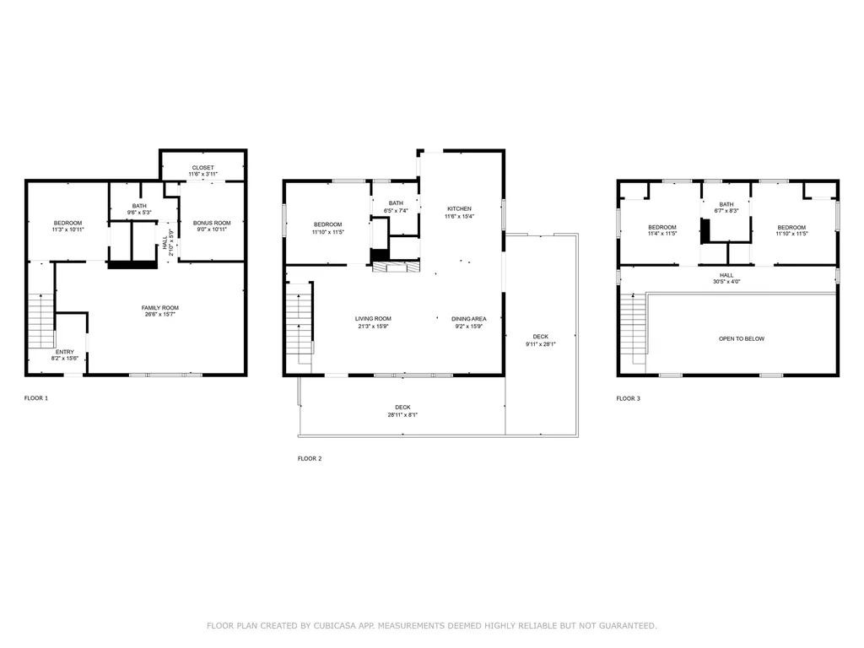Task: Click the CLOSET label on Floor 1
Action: coord(202,168)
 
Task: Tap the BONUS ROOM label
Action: coord(212,223)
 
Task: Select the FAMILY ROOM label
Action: coord(159,308)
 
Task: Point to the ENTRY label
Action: coord(64,352)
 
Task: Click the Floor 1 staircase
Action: coord(41,321)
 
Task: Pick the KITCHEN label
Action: coord(459,209)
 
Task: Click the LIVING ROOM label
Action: coord(373,318)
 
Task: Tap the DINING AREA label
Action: coord(469,318)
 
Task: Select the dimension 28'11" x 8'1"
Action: coord(402,415)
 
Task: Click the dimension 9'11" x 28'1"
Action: coord(541,344)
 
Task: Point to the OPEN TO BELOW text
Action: coord(742,339)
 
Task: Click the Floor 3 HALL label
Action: coord(726,275)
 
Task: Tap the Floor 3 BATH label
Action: coord(726,204)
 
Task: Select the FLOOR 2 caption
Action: coord(310,458)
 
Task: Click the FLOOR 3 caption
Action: coord(628,398)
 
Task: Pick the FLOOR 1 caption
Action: coord(36,398)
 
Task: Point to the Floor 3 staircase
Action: coord(634,328)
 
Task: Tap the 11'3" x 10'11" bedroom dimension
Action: coord(67,229)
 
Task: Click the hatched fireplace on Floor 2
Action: coord(396,267)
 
